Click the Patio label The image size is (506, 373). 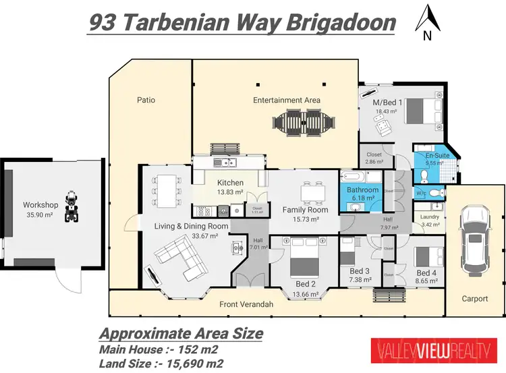click(146, 100)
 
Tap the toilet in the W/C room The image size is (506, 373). click(436, 193)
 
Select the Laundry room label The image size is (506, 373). click(429, 217)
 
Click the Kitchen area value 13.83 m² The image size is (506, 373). click(229, 194)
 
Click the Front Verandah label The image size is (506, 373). click(246, 304)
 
